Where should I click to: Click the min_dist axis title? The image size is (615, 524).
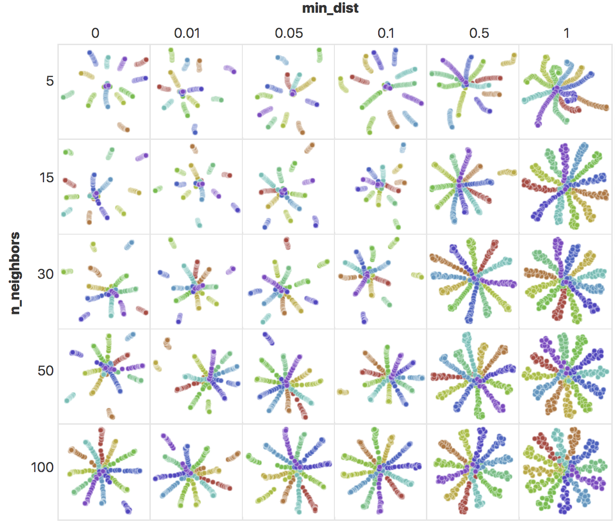(x=330, y=8)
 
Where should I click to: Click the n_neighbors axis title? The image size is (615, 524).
(x=15, y=273)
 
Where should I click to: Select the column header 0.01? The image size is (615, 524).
(x=187, y=33)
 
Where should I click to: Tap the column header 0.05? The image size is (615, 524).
(x=289, y=33)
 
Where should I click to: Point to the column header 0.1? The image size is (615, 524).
(x=386, y=33)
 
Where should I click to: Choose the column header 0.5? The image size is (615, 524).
(x=479, y=33)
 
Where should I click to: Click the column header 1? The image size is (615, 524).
(x=566, y=33)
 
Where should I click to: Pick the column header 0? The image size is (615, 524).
(x=95, y=33)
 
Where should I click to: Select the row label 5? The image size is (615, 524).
(x=50, y=81)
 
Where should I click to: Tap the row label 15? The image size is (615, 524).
(x=46, y=178)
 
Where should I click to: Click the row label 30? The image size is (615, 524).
(x=46, y=274)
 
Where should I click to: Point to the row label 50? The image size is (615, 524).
(x=46, y=371)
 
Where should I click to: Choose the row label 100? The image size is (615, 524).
(x=42, y=467)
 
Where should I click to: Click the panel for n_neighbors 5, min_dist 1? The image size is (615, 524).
(x=565, y=92)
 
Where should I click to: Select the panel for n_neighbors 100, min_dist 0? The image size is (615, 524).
(x=104, y=472)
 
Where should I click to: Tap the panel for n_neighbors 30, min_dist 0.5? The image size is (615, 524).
(x=472, y=282)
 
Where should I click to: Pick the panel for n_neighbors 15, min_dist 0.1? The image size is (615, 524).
(x=380, y=187)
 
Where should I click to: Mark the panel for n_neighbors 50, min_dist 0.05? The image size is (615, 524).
(x=288, y=376)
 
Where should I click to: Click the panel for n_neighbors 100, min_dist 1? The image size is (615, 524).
(x=565, y=472)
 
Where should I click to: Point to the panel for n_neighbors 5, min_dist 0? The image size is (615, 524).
(x=104, y=92)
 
